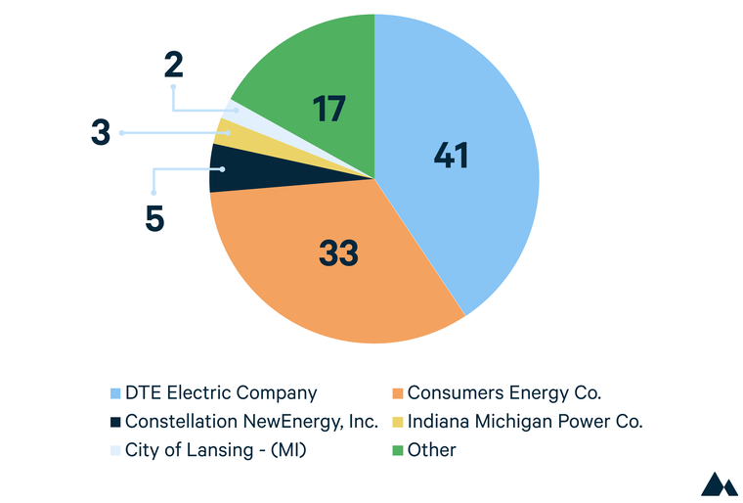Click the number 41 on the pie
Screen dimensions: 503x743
pos(451,155)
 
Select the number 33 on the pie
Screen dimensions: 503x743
pos(339,253)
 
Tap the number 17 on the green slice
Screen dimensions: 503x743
pos(328,109)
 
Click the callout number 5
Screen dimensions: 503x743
pos(154,219)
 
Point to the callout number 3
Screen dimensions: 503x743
pos(101,133)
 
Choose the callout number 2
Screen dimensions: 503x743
pos(173,66)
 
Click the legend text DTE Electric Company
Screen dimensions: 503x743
pos(221,393)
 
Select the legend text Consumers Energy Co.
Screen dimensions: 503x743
pos(504,393)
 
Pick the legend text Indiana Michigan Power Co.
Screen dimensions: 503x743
pos(525,422)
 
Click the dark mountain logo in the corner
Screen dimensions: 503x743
pos(720,483)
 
